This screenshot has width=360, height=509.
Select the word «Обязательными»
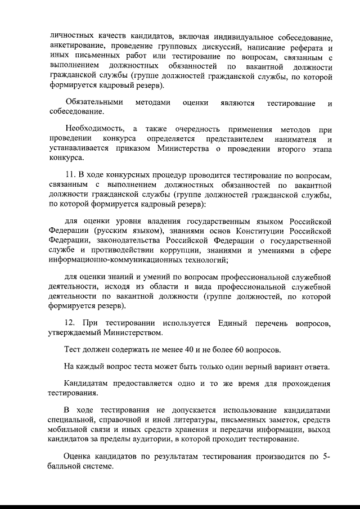coord(93,103)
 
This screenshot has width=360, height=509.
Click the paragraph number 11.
coord(70,175)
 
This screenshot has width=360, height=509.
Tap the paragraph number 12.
coord(70,323)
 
